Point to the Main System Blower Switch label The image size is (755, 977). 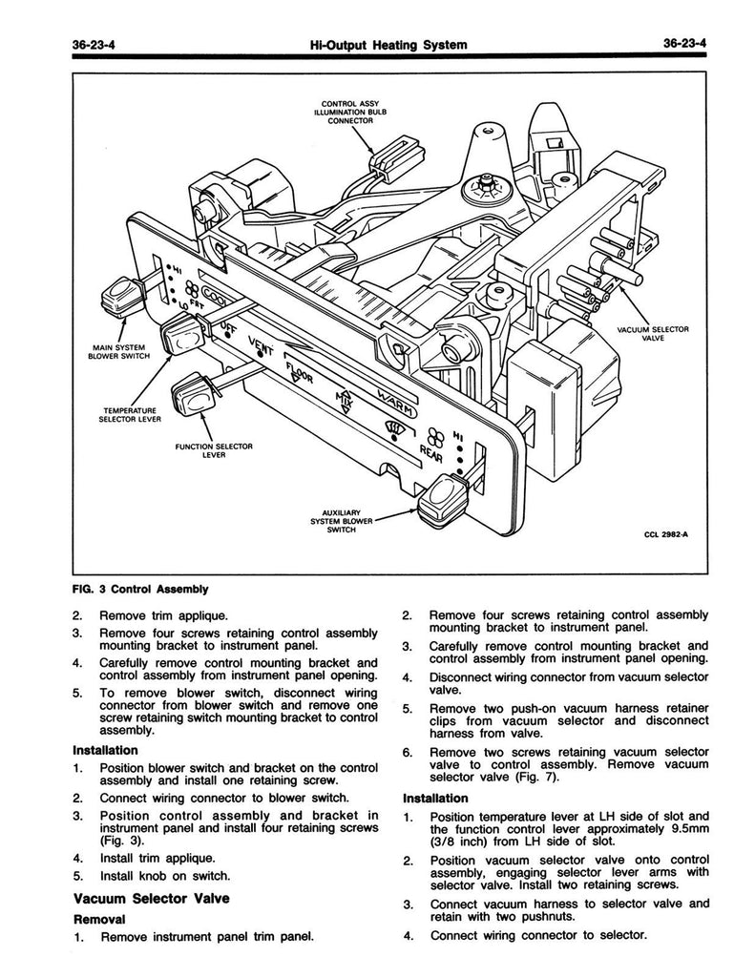tap(114, 353)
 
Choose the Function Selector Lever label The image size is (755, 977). tap(212, 450)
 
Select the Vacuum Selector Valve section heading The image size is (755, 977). tap(151, 899)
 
